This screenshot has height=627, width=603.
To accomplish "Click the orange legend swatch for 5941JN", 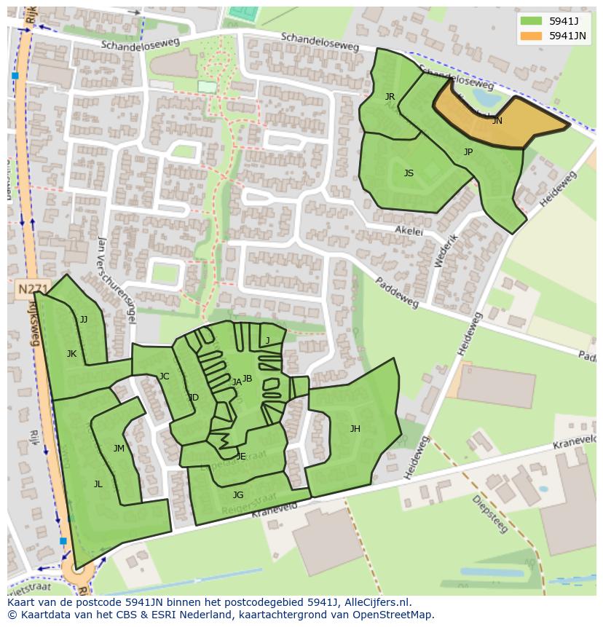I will [x=531, y=36].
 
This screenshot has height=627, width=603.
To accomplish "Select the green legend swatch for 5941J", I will [x=531, y=20].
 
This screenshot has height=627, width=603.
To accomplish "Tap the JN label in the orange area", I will [x=497, y=121].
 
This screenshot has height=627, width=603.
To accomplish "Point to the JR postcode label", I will [x=390, y=97].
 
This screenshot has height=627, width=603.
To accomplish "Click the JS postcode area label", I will [x=409, y=173].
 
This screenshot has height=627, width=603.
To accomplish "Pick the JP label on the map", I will [x=468, y=152].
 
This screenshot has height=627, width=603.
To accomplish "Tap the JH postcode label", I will [x=355, y=429].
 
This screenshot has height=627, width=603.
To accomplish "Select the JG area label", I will [x=238, y=495].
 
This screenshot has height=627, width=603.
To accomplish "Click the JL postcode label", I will [x=98, y=484].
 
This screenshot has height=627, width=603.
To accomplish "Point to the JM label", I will [x=119, y=449].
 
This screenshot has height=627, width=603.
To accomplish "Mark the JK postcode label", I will [x=71, y=354].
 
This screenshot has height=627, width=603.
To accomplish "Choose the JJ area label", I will [x=84, y=320].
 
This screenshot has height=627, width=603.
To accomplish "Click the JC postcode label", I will [x=164, y=376].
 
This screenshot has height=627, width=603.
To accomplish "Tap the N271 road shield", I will [x=32, y=289].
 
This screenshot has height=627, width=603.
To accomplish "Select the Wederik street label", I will [x=446, y=251].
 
